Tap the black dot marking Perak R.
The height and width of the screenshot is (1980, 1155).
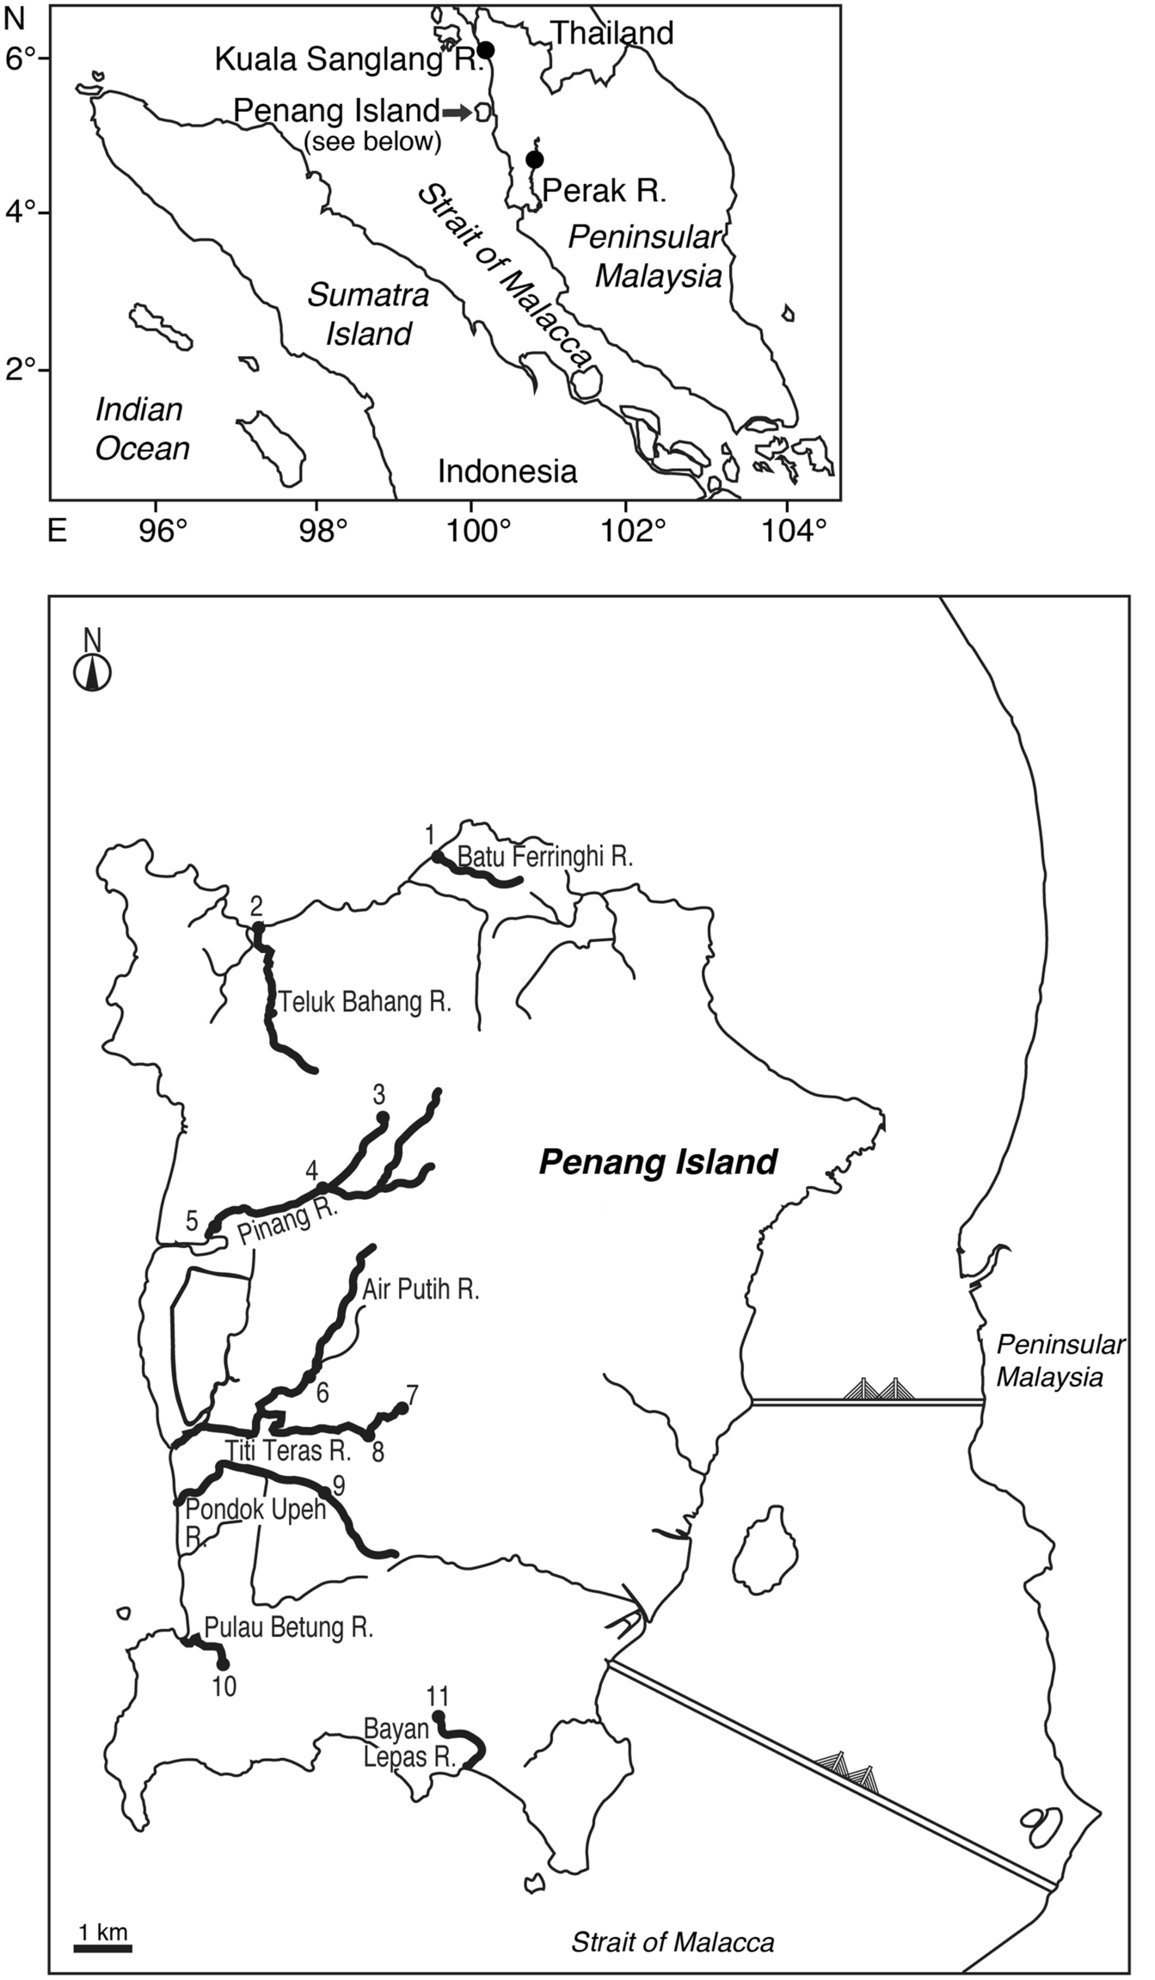pyautogui.click(x=534, y=160)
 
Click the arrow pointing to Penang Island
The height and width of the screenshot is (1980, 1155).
pyautogui.click(x=457, y=112)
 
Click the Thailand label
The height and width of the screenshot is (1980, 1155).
pyautogui.click(x=611, y=34)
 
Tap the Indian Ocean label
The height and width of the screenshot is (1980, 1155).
pyautogui.click(x=142, y=429)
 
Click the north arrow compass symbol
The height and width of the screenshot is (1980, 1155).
pyautogui.click(x=92, y=672)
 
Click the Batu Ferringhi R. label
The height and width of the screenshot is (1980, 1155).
pyautogui.click(x=545, y=857)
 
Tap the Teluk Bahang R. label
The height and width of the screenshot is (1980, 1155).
pyautogui.click(x=365, y=1002)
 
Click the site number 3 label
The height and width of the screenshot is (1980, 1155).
pyautogui.click(x=378, y=1095)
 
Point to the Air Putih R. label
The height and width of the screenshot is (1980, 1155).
pyautogui.click(x=421, y=1290)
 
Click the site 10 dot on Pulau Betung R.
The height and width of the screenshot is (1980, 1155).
pyautogui.click(x=223, y=1663)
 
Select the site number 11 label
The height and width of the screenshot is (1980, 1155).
pyautogui.click(x=438, y=1696)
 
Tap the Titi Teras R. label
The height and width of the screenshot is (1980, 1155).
pyautogui.click(x=289, y=1452)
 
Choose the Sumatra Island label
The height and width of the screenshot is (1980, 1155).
pyautogui.click(x=369, y=315)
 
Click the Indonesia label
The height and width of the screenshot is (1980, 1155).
pyautogui.click(x=507, y=471)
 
